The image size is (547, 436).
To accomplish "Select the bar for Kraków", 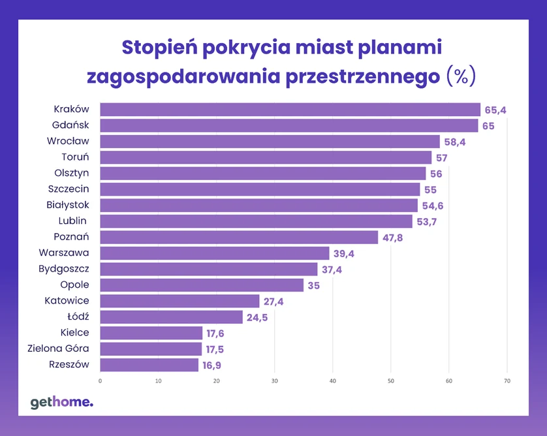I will coord(290,110).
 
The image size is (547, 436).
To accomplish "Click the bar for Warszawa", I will coord(215,253).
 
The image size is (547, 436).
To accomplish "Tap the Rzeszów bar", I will coord(149,365).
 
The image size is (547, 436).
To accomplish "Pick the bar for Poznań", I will coord(239,237).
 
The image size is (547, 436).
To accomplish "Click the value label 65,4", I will coord(495,110).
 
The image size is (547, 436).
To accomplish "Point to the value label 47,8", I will coord(393,238).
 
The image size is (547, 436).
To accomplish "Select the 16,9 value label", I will coord(213,366).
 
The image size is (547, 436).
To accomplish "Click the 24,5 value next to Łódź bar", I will coord(257,318).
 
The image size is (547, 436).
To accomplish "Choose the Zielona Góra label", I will coord(58,349).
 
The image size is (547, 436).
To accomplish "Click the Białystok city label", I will coord(68,205).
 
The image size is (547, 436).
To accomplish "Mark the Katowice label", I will coord(67,301).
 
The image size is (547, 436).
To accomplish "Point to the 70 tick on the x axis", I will coord(507,381).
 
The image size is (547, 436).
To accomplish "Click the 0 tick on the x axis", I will coord(100,381).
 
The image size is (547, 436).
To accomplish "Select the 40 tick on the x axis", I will coord(332,381).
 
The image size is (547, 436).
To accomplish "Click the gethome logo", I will coord(62,403).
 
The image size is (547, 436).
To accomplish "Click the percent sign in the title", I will coord(461,76).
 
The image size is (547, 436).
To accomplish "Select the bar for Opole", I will coord(202,285).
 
